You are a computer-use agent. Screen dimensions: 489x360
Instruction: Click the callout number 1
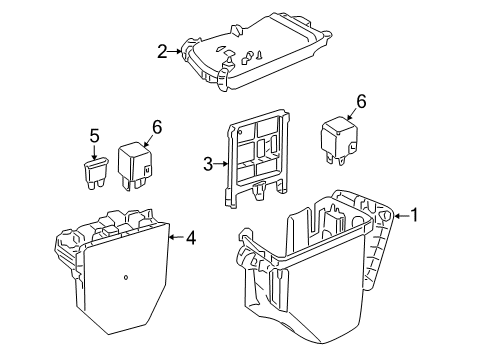click(414, 215)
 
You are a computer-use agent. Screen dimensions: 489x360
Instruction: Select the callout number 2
click(162, 52)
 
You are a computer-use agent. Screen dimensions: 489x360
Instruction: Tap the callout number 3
click(208, 164)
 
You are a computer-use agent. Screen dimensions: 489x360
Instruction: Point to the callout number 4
click(191, 238)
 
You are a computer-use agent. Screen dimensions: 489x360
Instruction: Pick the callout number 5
click(94, 136)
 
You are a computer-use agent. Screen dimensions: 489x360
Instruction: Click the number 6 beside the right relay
click(361, 102)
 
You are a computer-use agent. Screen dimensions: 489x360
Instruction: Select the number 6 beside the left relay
click(157, 127)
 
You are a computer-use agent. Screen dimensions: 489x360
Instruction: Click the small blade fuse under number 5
click(96, 173)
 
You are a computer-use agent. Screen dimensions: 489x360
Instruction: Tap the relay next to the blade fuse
click(135, 166)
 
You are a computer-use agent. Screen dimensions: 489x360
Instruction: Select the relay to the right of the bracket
click(339, 140)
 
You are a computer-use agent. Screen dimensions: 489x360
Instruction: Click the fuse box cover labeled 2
click(256, 52)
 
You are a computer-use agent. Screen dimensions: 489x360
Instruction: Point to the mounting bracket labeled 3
click(257, 158)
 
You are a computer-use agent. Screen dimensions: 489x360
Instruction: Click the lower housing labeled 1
click(317, 267)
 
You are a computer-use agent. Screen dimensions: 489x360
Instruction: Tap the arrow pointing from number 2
click(175, 51)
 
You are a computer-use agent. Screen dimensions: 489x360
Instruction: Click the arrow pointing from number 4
click(177, 237)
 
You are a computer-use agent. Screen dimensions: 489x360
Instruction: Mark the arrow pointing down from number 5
click(94, 152)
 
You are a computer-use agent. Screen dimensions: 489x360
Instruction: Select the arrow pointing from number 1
click(402, 216)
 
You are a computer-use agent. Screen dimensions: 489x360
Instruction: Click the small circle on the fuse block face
click(126, 277)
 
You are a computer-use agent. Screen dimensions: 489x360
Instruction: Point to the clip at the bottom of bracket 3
click(259, 191)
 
